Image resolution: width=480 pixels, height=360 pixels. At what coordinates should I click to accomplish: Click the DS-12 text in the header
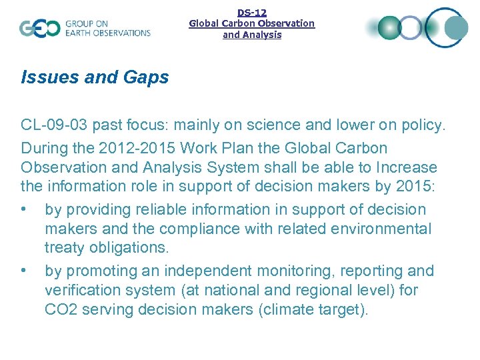click(x=251, y=12)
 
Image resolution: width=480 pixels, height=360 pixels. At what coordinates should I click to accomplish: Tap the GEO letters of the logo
click(x=39, y=28)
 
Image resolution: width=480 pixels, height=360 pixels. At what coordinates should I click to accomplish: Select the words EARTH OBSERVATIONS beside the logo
click(x=107, y=33)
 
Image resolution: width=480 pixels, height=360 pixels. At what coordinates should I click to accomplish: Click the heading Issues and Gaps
click(x=95, y=77)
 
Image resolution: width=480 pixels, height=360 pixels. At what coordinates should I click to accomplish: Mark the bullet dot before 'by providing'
click(x=25, y=209)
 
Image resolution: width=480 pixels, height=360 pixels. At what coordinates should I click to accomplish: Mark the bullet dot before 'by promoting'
click(x=25, y=271)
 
